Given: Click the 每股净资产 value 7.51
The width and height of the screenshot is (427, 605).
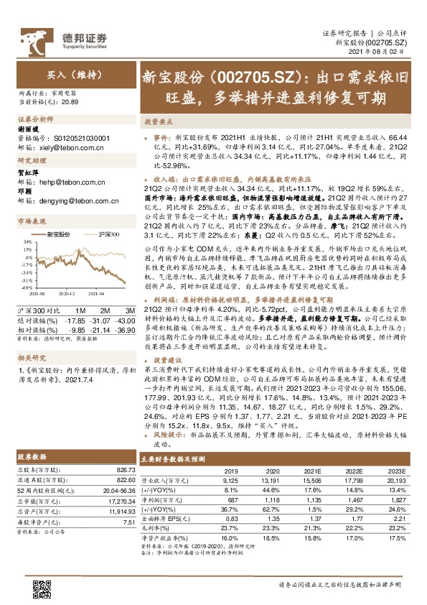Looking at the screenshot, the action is pyautogui.click(x=123, y=523).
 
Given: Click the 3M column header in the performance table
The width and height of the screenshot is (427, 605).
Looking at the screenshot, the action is pyautogui.click(x=108, y=309).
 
